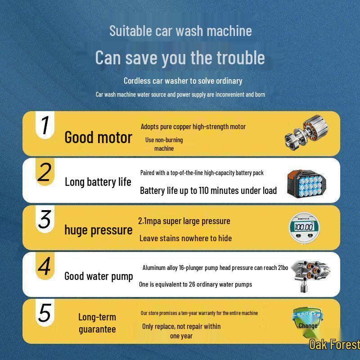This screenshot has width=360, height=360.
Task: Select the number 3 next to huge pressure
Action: pos(44,219)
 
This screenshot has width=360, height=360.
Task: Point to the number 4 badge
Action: pos(44,266)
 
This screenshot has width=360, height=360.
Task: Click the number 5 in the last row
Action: pos(44,313)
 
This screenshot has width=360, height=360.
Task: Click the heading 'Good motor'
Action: pos(98,138)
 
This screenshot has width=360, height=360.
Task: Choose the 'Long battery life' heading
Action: pos(98,182)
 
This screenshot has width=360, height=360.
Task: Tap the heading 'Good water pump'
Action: pos(99,276)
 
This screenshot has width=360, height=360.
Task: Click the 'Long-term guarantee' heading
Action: pos(97,323)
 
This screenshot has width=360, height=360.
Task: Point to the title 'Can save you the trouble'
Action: pos(180,58)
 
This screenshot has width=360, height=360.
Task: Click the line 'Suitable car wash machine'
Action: pos(180,31)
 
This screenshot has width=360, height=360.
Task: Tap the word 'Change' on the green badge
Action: pos(308,326)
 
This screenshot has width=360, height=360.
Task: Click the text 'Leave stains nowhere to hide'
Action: pos(185,238)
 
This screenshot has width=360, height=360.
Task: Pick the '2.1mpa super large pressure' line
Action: pos(184,221)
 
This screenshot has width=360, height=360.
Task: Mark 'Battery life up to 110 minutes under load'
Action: pos(208,191)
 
